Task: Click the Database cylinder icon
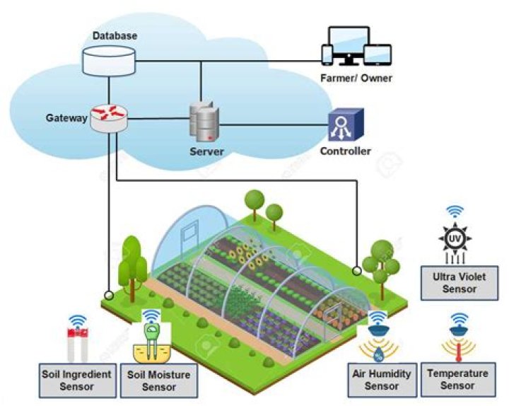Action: [108, 61]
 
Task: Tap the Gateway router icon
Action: [108, 118]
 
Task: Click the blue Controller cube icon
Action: [345, 127]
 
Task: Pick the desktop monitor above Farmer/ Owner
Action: [348, 45]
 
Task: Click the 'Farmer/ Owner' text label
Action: [355, 78]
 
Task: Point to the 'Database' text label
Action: [115, 35]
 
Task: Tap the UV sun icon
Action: [455, 241]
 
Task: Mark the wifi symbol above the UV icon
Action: [455, 211]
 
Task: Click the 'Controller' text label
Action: [345, 151]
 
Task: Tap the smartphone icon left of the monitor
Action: [327, 54]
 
